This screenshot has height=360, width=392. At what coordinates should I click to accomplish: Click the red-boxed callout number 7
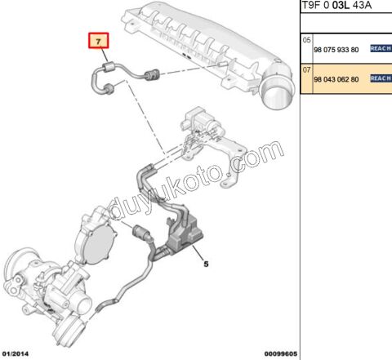pos(98,40)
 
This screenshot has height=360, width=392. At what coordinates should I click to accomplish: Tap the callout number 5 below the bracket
pos(206,264)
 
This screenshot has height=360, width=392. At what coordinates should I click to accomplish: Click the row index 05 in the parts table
pos(307,39)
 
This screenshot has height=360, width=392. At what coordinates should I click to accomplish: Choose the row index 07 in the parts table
pos(307,69)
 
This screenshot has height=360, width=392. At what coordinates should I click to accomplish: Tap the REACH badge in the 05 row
pos(381,49)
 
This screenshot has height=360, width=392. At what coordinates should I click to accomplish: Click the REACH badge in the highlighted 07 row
pos(381,78)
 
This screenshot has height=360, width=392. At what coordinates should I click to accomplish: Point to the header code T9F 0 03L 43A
pos(335,7)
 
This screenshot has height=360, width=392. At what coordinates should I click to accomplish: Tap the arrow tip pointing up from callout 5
pos(198,246)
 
